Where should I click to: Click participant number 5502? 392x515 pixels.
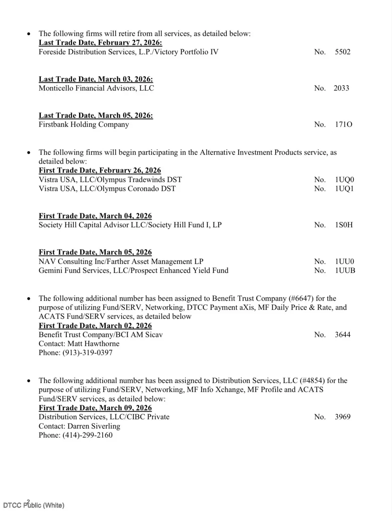point(342,52)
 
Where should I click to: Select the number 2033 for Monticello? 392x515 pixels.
point(341,88)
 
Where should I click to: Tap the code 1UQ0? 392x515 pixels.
point(344,180)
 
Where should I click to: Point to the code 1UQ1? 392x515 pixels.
point(344,189)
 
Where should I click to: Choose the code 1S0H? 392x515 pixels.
point(344,225)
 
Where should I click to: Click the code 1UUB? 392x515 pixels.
point(345,270)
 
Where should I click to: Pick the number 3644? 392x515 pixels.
point(342,335)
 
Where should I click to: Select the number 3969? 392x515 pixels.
point(342,417)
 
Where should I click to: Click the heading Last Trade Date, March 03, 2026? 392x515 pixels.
point(96,79)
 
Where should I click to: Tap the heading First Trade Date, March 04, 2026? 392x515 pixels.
point(95,216)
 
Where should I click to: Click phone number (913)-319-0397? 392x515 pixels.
point(87,353)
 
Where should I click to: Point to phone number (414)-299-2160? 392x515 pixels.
point(87,435)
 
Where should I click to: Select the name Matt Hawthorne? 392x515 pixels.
point(93,344)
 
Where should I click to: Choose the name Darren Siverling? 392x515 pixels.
point(94,426)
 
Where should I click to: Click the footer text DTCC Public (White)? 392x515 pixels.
point(34,505)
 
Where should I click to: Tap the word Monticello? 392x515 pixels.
point(56,88)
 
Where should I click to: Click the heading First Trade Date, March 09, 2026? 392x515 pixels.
point(95,408)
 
